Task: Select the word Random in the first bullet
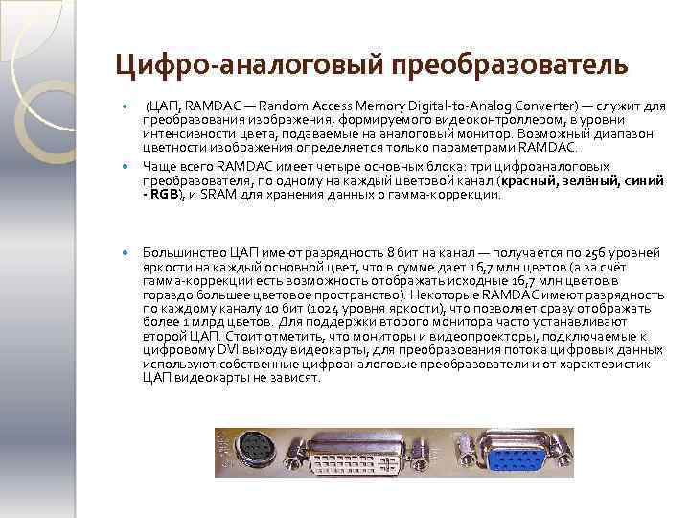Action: tap(287, 105)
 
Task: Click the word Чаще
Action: tap(159, 165)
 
